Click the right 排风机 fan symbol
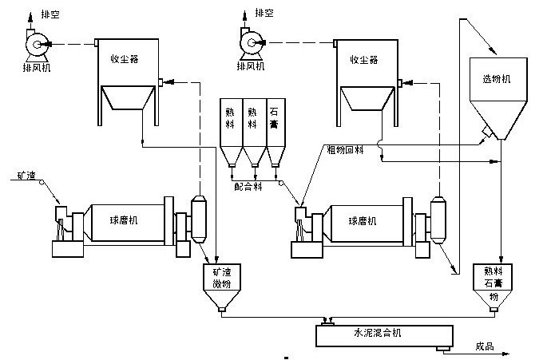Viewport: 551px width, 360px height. (251, 45)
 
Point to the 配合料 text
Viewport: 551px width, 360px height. (249, 184)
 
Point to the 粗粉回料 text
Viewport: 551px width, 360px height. (345, 149)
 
